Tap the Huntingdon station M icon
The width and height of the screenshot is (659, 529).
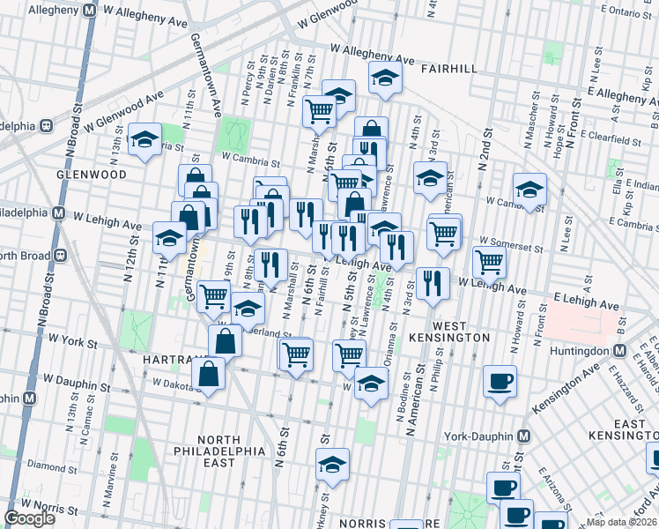[x=619, y=350]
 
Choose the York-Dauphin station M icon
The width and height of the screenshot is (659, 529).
[x=524, y=436]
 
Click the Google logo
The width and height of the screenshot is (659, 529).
[x=30, y=518]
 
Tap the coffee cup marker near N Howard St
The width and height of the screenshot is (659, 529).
[x=500, y=381]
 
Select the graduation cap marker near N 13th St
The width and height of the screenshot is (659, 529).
[x=144, y=138]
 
